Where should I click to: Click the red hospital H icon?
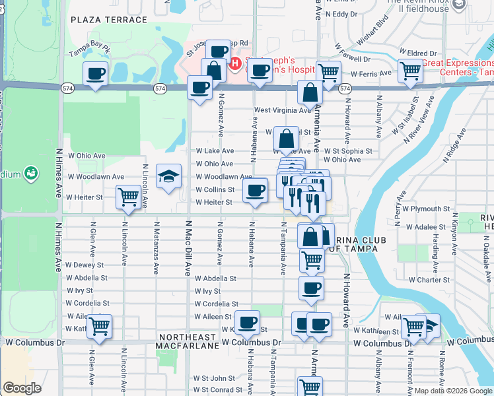pos(234,63)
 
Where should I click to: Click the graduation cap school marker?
pos(168,176)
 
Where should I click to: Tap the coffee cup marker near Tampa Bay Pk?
pos(95,74)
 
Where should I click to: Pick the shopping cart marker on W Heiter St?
pos(127,196)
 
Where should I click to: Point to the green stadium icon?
pos(30,174)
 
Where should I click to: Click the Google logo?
pos(22,388)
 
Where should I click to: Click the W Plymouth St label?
pos(427,209)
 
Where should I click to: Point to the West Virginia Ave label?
pos(282,110)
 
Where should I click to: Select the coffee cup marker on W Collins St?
pos(255,191)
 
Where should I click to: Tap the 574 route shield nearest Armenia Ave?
pos(344,88)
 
